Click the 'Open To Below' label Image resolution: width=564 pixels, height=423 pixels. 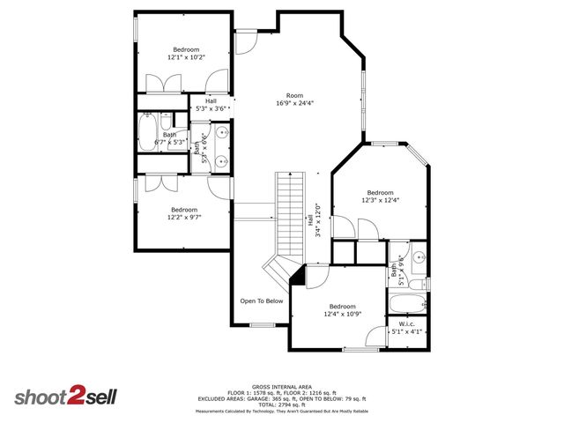click(x=262, y=301)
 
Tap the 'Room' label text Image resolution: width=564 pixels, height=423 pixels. click(x=294, y=95)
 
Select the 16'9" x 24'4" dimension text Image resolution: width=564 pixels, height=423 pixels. click(x=294, y=103)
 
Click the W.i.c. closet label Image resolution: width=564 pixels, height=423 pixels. click(x=406, y=324)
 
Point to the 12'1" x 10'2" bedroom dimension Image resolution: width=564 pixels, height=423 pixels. click(x=186, y=56)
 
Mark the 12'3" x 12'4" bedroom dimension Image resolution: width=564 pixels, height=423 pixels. click(x=380, y=200)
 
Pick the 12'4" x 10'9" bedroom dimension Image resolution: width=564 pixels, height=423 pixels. click(x=342, y=314)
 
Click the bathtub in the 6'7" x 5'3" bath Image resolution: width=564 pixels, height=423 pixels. click(x=146, y=134)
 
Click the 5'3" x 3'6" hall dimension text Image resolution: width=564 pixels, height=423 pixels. click(x=211, y=109)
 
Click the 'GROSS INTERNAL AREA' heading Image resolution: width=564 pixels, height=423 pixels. click(x=282, y=386)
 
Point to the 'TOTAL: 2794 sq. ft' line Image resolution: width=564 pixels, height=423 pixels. click(x=282, y=404)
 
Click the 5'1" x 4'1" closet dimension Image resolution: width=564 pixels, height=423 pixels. click(x=406, y=332)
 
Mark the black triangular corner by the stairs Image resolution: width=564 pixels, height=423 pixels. click(x=298, y=278)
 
